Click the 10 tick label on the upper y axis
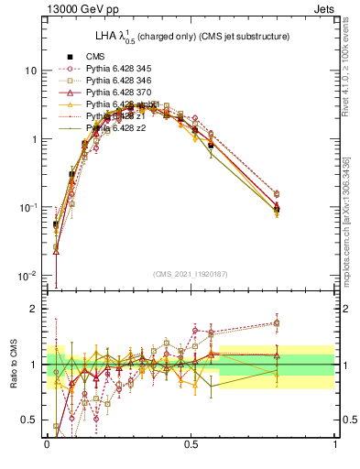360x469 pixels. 31,71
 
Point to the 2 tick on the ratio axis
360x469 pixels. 36,309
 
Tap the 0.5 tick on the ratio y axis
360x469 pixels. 31,420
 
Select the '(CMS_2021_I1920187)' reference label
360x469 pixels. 191,274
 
